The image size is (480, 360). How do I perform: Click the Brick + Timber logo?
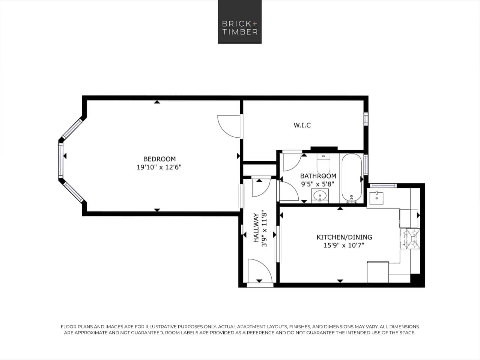pyautogui.click(x=239, y=22)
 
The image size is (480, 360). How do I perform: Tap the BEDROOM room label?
pyautogui.click(x=159, y=159)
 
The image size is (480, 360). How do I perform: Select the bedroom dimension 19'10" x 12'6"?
pyautogui.click(x=159, y=167)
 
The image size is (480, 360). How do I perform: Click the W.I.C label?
pyautogui.click(x=302, y=125)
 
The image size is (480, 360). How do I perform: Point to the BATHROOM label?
pyautogui.click(x=318, y=176)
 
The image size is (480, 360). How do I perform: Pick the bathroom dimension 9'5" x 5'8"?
pyautogui.click(x=318, y=184)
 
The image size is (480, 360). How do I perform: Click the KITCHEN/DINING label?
pyautogui.click(x=344, y=237)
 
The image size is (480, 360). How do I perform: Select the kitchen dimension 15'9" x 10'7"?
pyautogui.click(x=344, y=246)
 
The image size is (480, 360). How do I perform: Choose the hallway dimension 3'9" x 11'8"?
pyautogui.click(x=265, y=229)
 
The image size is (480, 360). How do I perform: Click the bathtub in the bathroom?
pyautogui.click(x=352, y=178)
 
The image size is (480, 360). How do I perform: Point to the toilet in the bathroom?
pyautogui.click(x=323, y=163)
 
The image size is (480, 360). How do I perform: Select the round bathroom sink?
pyautogui.click(x=320, y=195)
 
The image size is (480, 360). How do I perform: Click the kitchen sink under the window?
pyautogui.click(x=376, y=198)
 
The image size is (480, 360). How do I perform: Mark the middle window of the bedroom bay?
pyautogui.click(x=60, y=160)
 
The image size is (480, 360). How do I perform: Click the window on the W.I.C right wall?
pyautogui.click(x=366, y=118)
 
